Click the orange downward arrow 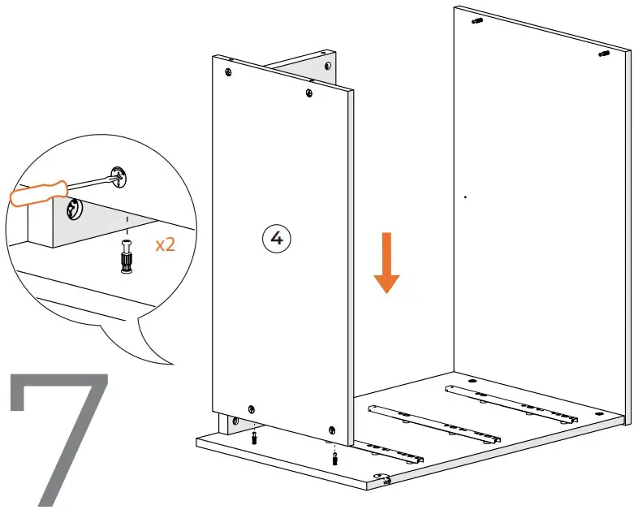point(386,262)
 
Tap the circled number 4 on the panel point(276,238)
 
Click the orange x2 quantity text point(165,244)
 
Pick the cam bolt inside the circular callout point(127,257)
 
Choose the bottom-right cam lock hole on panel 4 point(331,428)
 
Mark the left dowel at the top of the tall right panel point(476,20)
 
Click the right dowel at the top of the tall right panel point(603,54)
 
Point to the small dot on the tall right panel point(465,197)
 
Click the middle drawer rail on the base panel point(433,424)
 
